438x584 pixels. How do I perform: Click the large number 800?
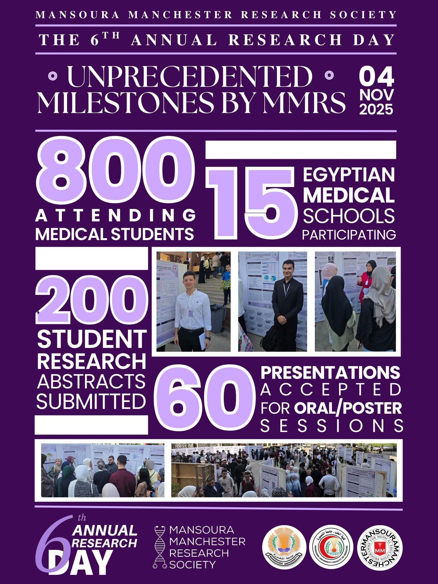(113, 173)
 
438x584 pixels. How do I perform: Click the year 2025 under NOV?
(376, 109)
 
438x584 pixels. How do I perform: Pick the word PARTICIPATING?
(349, 235)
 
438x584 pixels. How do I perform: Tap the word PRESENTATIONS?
(331, 372)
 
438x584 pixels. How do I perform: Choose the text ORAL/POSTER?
(348, 408)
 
